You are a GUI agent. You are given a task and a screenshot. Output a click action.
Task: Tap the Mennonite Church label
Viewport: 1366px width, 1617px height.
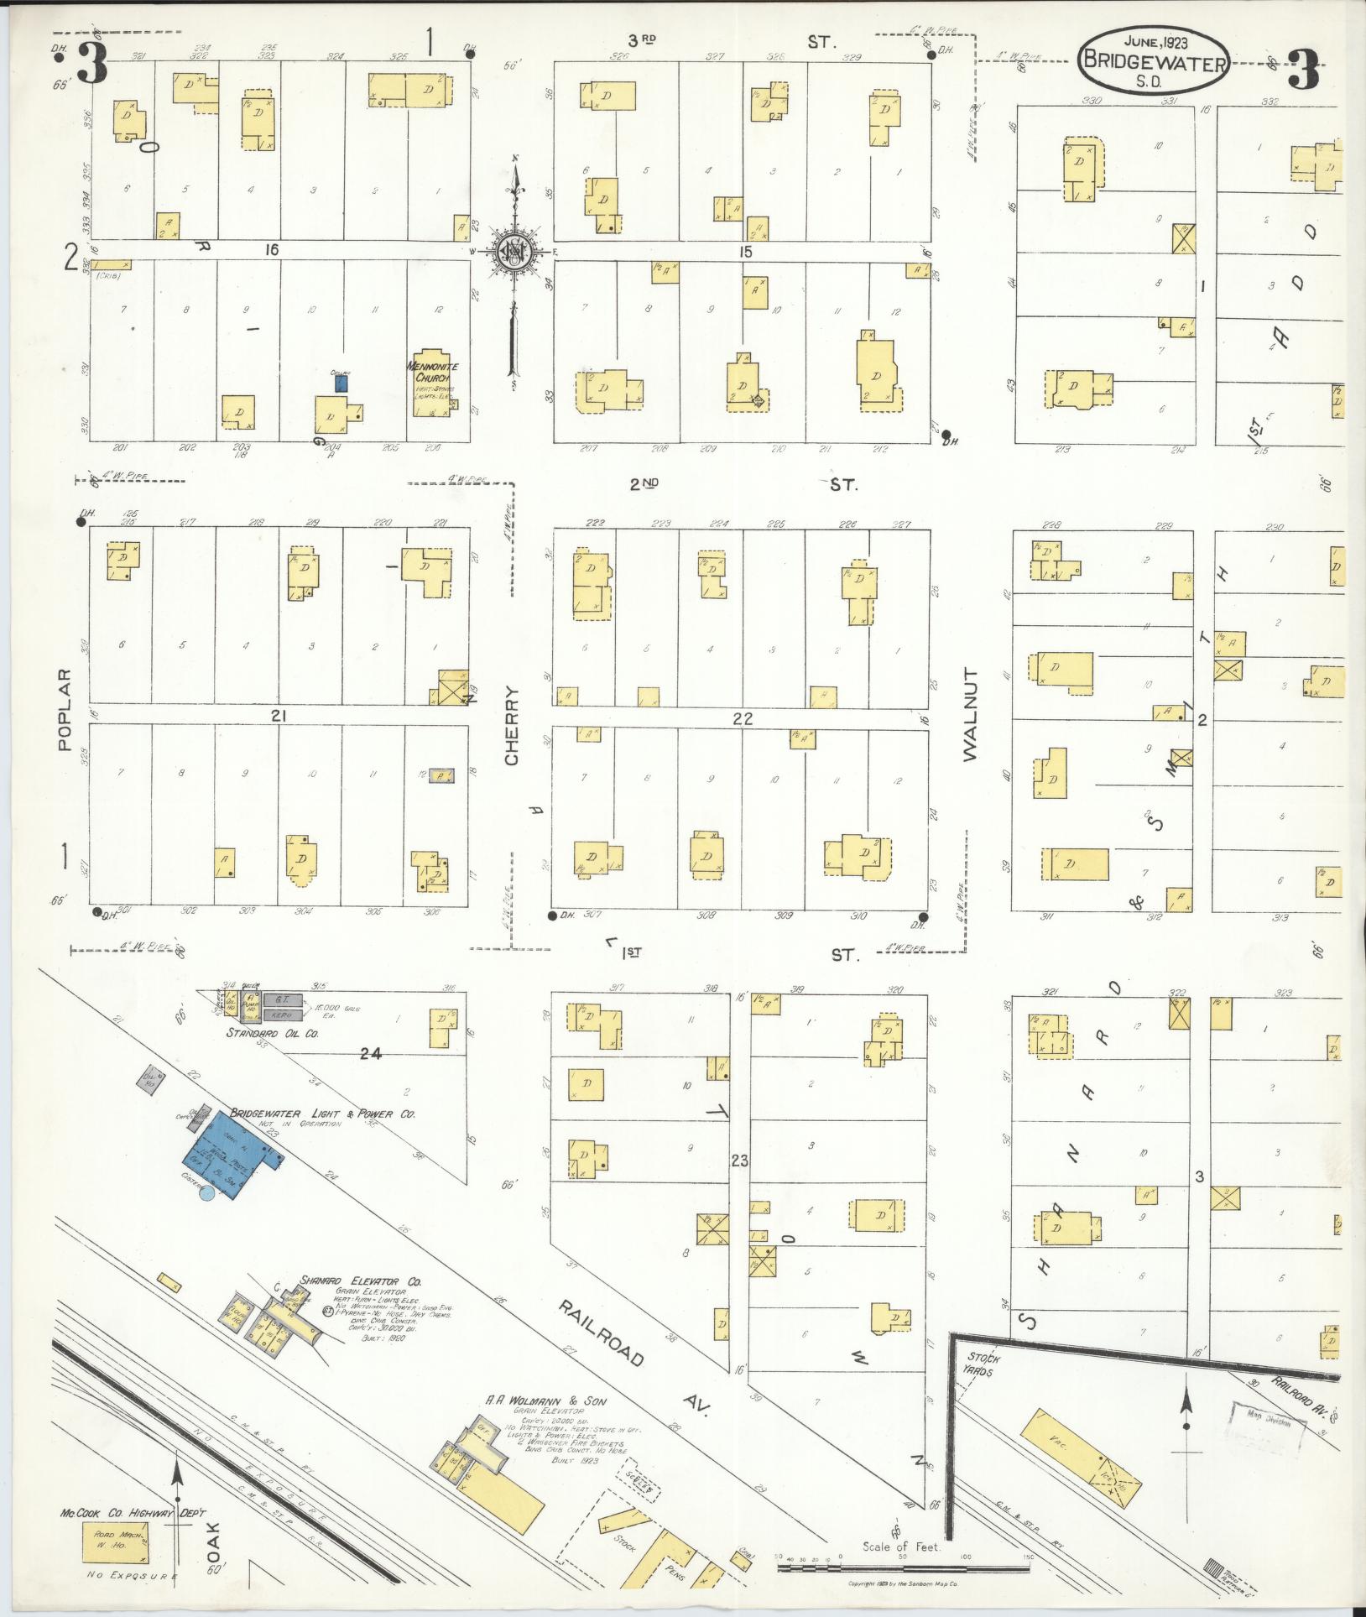tap(431, 373)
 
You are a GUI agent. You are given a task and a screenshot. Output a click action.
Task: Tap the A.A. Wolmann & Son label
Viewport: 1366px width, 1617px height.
tap(545, 1401)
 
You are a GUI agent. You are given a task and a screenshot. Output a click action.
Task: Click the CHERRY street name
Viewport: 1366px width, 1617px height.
tap(512, 727)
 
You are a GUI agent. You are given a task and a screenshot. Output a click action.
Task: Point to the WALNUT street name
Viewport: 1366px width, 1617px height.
tap(971, 714)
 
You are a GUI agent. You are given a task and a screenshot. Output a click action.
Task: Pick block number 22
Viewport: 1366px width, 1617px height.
tap(742, 719)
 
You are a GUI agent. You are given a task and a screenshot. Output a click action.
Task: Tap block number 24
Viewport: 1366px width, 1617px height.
tap(370, 1055)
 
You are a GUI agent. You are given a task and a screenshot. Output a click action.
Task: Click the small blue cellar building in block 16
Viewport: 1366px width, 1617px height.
tap(341, 383)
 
